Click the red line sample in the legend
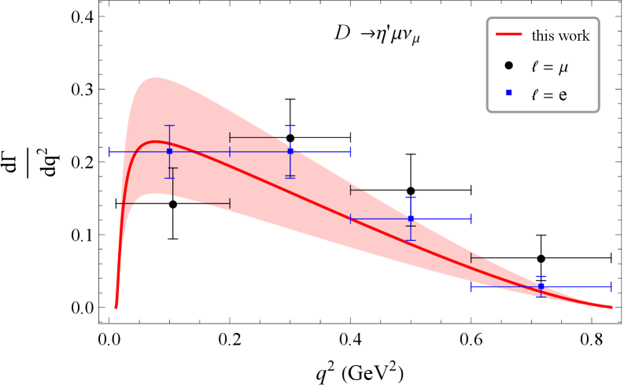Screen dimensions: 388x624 508,35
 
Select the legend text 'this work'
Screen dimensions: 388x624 560,35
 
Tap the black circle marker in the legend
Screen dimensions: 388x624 508,65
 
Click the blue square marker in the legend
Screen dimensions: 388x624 508,94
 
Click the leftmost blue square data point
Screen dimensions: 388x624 169,150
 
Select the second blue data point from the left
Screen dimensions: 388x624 290,150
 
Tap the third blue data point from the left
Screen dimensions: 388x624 411,218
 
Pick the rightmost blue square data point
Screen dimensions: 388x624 541,286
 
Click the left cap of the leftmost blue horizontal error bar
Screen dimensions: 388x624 109,151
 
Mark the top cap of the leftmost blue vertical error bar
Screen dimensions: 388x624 169,125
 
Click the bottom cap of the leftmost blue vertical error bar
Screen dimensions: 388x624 169,177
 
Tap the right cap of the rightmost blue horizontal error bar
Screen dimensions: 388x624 611,286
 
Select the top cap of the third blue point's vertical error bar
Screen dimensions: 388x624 411,197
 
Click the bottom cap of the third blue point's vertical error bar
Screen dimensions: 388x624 411,239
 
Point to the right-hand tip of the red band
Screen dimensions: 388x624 611,307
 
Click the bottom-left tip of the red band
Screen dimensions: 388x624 116,308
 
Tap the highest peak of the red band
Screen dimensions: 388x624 156,77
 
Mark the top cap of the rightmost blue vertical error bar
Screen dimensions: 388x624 541,276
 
